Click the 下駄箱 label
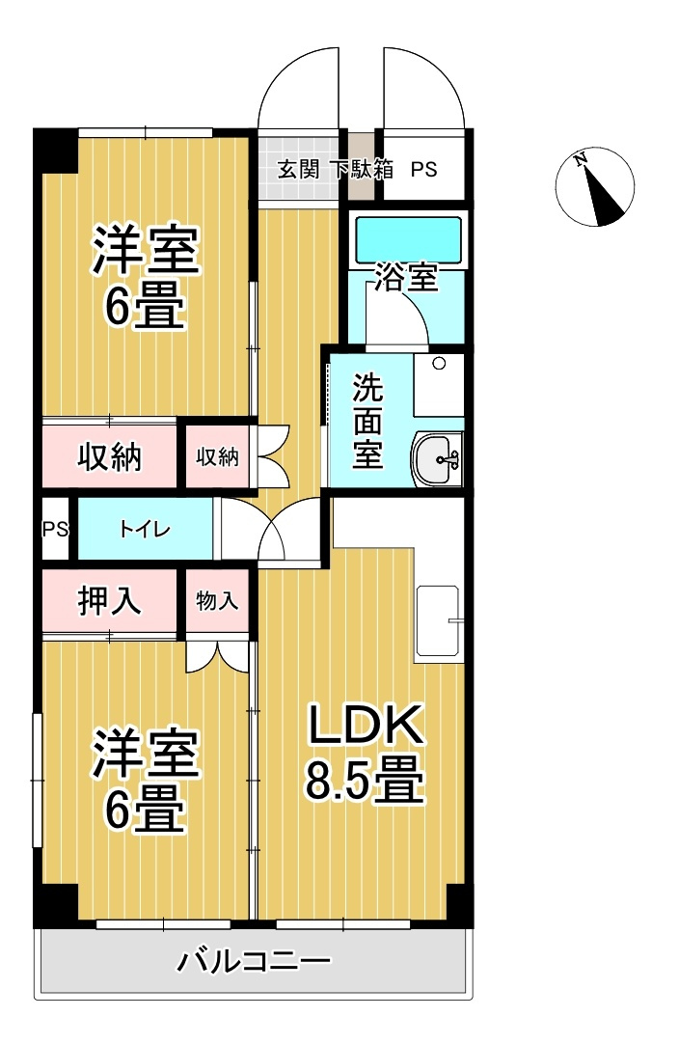pos(363,170)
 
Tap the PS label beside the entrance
pos(424,170)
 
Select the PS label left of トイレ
pos(54,529)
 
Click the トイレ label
pos(145,529)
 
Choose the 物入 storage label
pos(217,600)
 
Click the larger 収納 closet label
pos(110,456)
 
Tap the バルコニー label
pos(255,962)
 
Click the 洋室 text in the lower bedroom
pos(145,754)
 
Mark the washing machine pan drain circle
pos(440,365)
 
